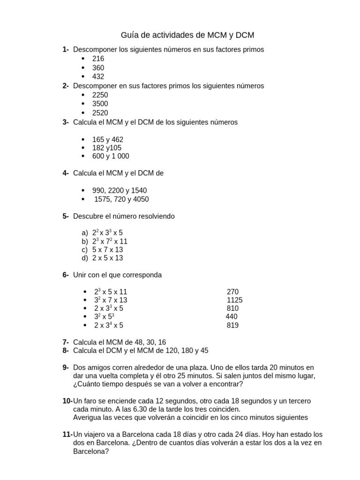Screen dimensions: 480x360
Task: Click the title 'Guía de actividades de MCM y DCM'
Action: [x=187, y=35]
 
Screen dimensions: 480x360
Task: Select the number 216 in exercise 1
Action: [x=98, y=59]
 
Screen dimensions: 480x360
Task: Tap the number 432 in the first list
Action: [x=98, y=76]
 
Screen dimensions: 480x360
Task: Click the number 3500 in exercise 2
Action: [x=100, y=104]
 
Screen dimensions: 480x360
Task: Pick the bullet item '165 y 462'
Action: [x=108, y=140]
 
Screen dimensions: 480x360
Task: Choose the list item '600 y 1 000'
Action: [x=111, y=156]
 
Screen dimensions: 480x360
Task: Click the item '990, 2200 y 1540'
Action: [x=120, y=191]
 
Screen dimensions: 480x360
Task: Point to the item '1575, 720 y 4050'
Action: [x=121, y=199]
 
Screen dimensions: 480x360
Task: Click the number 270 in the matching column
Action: [x=232, y=292]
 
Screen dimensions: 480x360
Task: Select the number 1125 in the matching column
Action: [x=234, y=300]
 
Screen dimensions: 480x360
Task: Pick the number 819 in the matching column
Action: [x=232, y=325]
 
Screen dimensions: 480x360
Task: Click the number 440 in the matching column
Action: [x=232, y=317]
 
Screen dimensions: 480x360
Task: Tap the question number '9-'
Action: [x=66, y=367]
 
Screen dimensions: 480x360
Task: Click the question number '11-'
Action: [x=67, y=435]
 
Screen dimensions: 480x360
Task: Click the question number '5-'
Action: [x=66, y=216]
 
